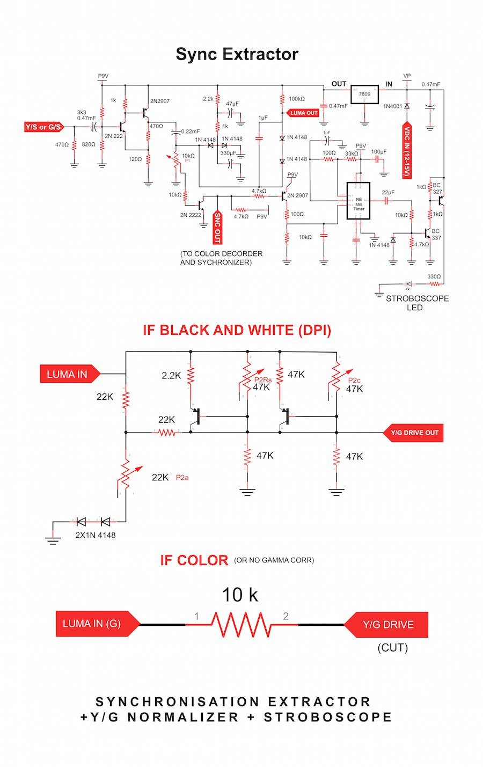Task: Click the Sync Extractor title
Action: pyautogui.click(x=237, y=54)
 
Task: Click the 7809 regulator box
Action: pyautogui.click(x=364, y=95)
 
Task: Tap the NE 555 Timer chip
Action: pyautogui.click(x=358, y=200)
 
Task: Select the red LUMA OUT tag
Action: pyautogui.click(x=303, y=113)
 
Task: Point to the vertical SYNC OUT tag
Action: pyautogui.click(x=217, y=227)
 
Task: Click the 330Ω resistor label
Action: pyautogui.click(x=434, y=277)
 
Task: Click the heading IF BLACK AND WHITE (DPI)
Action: pyautogui.click(x=237, y=330)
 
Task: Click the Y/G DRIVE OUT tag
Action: pyautogui.click(x=414, y=433)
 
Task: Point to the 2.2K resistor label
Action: pyautogui.click(x=171, y=376)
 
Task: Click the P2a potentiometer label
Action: pyautogui.click(x=182, y=477)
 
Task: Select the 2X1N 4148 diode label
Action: pyautogui.click(x=96, y=535)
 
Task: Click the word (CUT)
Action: pyautogui.click(x=392, y=647)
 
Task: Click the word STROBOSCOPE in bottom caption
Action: pyautogui.click(x=327, y=717)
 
